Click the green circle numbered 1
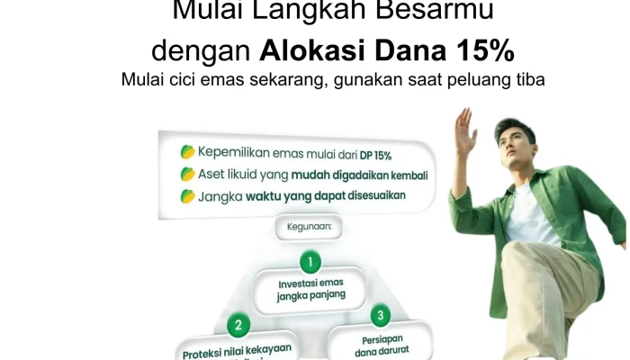click(310, 262)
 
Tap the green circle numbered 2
click(238, 323)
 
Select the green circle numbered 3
click(381, 315)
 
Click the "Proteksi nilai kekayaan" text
click(238, 352)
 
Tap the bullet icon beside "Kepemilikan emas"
click(187, 153)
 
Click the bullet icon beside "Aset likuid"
click(187, 174)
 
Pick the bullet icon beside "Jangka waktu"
click(187, 195)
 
